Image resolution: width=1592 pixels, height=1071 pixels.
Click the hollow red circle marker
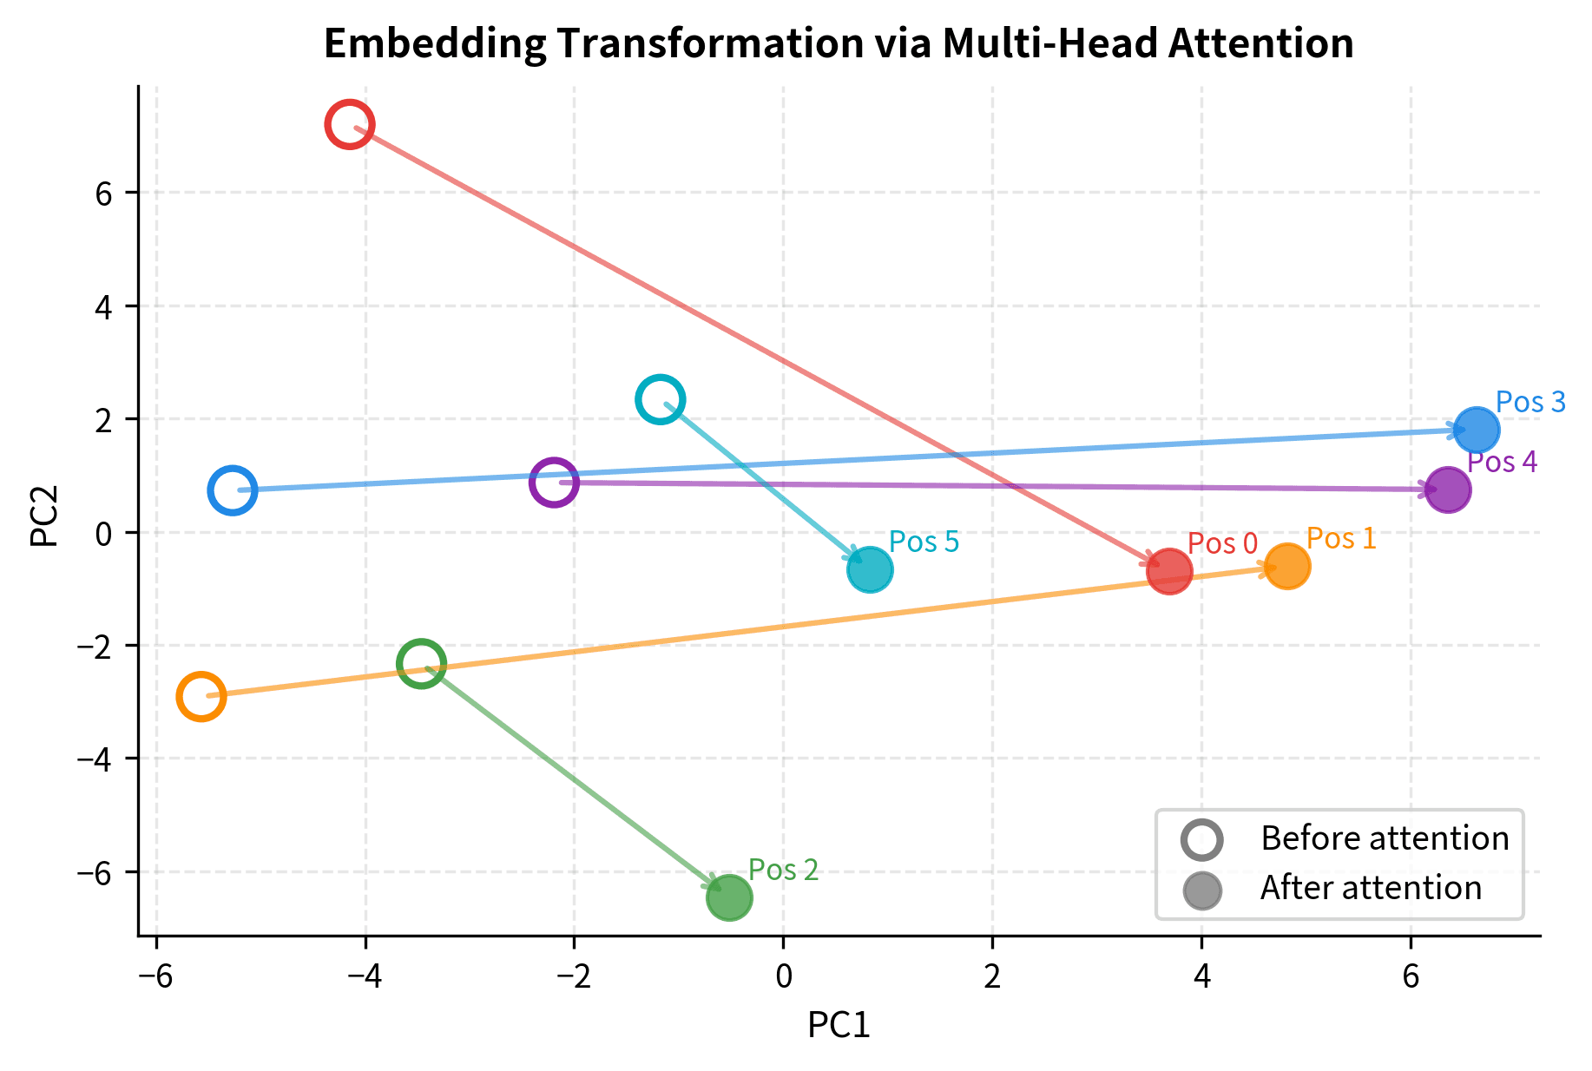click(350, 125)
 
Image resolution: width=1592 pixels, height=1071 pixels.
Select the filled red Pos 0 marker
click(1169, 572)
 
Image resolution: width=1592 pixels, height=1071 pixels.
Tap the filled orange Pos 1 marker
click(1287, 567)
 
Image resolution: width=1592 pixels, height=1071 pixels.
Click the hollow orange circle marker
click(201, 696)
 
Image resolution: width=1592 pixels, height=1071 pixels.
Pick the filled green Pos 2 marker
click(729, 897)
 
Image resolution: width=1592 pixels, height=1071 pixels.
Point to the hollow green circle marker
click(421, 664)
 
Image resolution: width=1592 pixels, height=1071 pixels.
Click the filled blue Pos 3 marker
click(1477, 429)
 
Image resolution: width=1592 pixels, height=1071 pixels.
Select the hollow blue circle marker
click(233, 490)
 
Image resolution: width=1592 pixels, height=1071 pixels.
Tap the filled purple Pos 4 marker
click(1448, 490)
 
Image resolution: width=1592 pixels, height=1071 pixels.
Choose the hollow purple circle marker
click(554, 482)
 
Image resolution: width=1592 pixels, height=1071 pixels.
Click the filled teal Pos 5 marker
click(870, 570)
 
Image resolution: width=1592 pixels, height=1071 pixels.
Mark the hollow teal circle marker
click(661, 400)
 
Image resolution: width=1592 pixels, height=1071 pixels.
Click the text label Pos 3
click(1530, 402)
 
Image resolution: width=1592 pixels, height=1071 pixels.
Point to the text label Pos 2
click(783, 870)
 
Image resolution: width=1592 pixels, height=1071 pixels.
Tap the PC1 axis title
click(839, 1025)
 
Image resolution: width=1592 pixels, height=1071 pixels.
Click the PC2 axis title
click(44, 516)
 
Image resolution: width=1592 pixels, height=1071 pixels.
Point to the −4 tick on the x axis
click(365, 977)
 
